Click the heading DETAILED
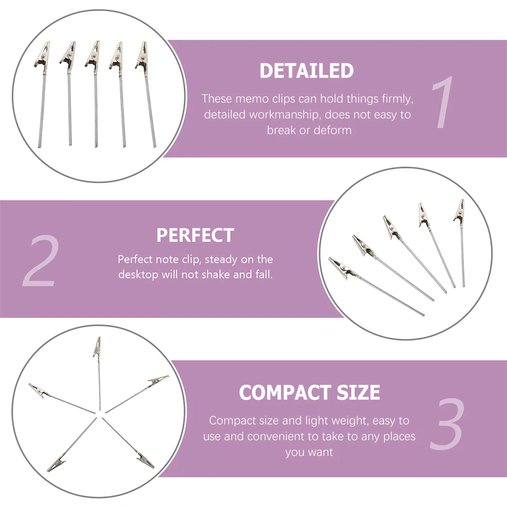coord(307,70)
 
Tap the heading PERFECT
coord(195,235)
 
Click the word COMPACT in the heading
coord(284,392)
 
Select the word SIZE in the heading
coord(358,392)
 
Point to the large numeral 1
coord(443,102)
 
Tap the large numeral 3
coord(447,424)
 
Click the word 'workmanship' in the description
coord(284,114)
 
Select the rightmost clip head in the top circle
coord(142,55)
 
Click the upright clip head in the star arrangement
coord(97,348)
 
